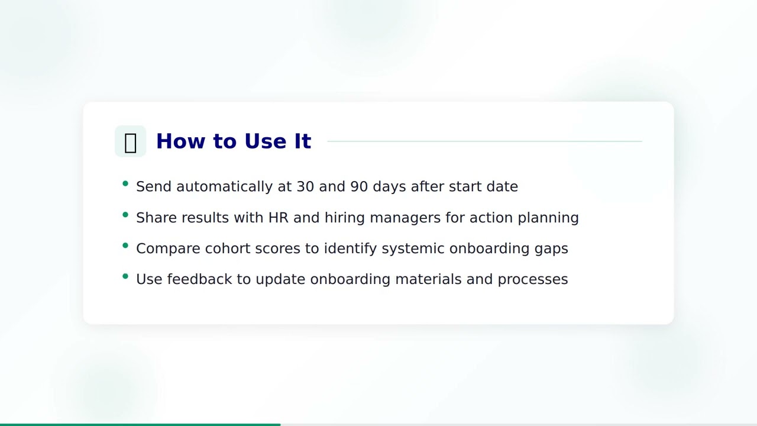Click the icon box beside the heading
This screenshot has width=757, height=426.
[130, 141]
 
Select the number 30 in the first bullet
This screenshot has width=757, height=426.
[305, 186]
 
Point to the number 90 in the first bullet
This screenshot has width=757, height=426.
[359, 186]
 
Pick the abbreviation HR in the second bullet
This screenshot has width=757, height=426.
[278, 217]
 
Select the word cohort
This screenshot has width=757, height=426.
[228, 248]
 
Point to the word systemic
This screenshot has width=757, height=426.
[413, 248]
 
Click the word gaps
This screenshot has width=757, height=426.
[551, 249]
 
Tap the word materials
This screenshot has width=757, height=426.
[428, 279]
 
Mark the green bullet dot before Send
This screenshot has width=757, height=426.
[125, 184]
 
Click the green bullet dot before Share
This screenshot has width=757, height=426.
[125, 215]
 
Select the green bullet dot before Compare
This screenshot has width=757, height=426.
[125, 246]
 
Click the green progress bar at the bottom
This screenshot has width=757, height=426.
[140, 424]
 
